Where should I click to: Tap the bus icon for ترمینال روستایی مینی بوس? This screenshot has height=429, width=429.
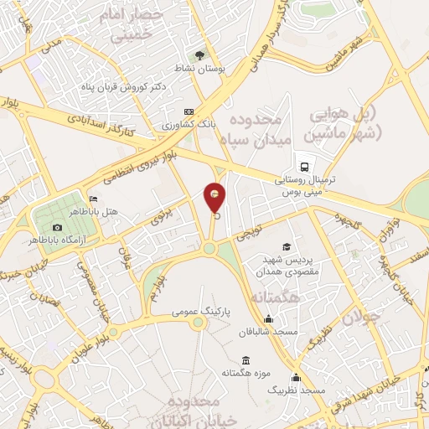302,166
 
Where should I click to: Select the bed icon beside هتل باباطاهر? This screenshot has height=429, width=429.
92,199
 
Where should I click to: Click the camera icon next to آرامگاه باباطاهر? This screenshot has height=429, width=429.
57,228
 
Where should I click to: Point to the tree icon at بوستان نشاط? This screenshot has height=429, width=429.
199,55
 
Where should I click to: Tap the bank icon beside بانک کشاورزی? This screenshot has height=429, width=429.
189,111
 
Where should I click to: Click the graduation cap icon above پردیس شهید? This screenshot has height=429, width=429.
287,246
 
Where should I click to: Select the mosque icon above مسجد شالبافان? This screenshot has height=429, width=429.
267,318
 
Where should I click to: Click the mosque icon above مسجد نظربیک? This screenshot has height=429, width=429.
295,377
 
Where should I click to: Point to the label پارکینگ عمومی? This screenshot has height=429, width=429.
201,311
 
